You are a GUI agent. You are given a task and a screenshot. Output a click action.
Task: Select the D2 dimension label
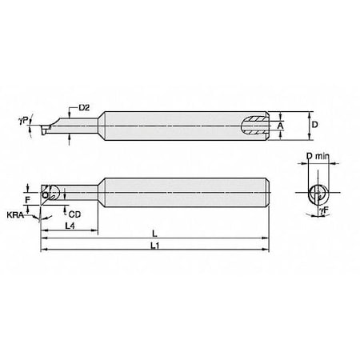(x=84, y=106)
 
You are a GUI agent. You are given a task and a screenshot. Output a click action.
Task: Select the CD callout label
(x=74, y=214)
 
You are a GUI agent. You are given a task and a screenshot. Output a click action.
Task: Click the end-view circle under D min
(x=317, y=192)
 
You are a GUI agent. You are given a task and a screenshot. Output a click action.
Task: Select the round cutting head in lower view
(x=52, y=192)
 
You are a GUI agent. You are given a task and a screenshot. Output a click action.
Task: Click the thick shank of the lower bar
(x=184, y=192)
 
